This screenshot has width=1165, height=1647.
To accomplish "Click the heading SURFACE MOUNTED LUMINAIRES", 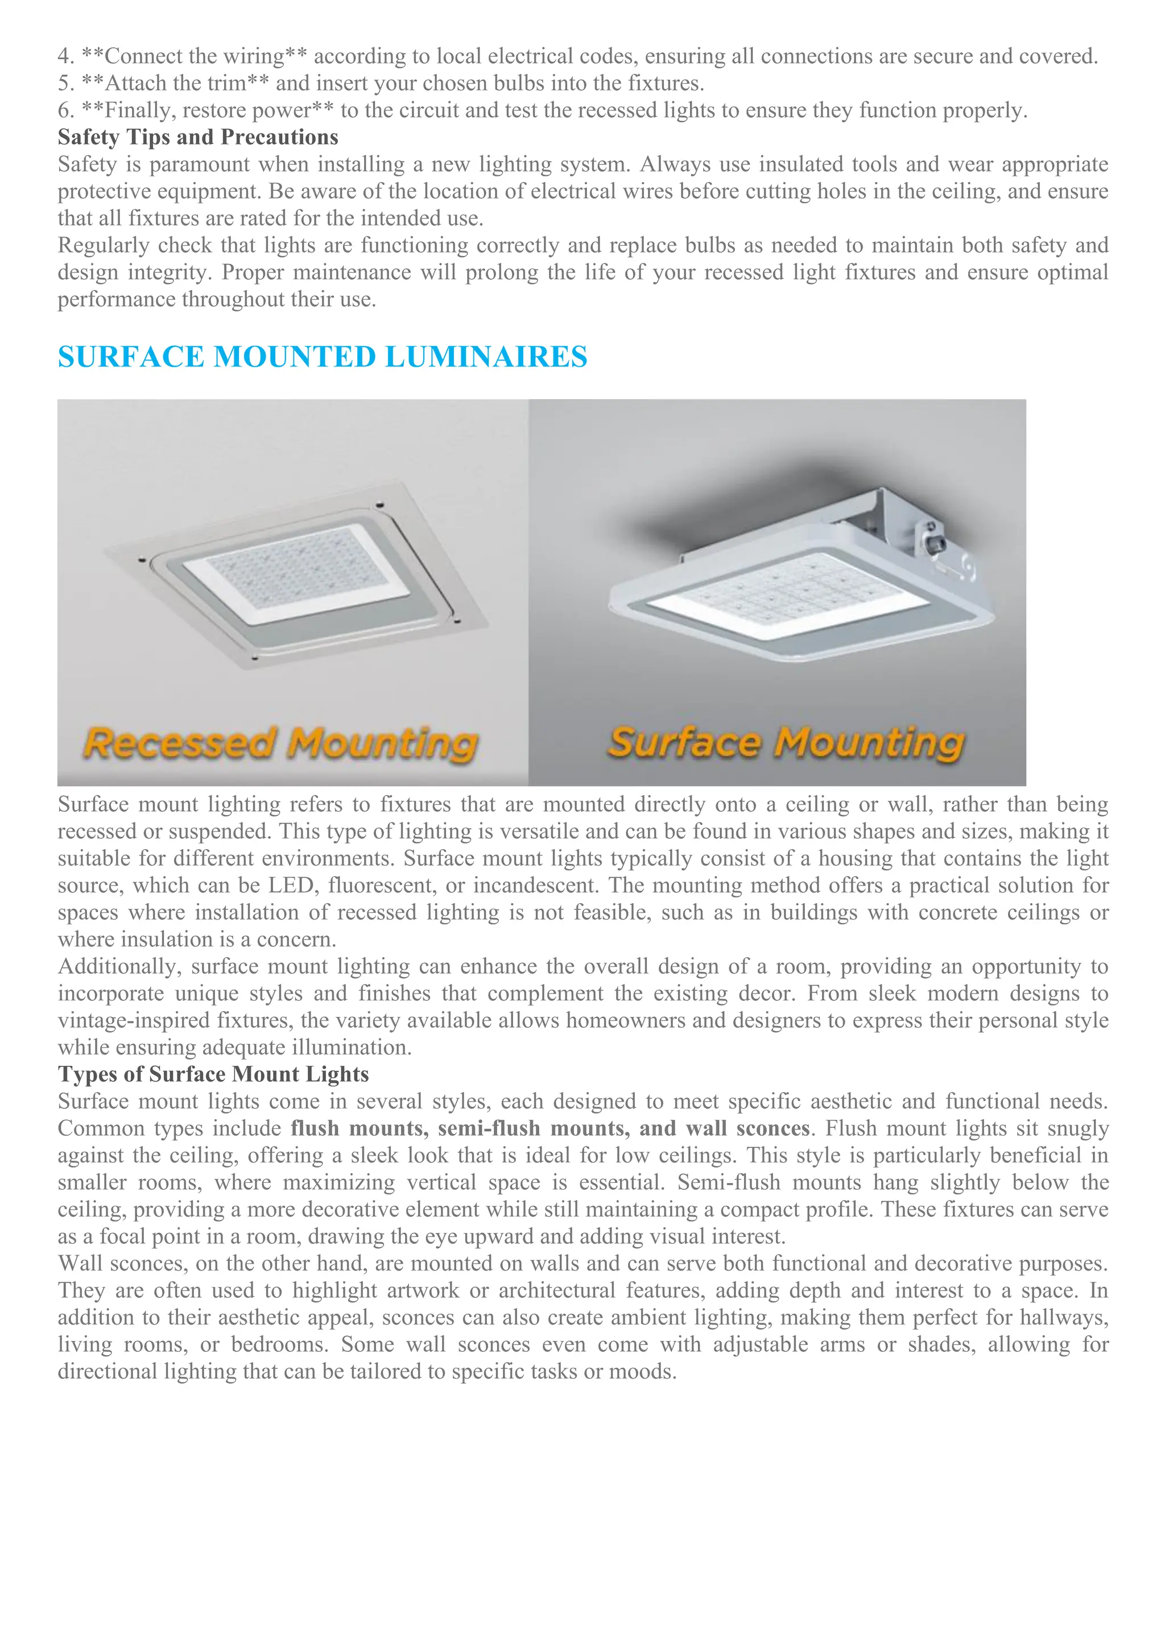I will [x=322, y=357].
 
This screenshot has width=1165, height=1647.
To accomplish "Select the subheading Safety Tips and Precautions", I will [x=198, y=137].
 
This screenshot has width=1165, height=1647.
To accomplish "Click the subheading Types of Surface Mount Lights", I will [x=213, y=1074].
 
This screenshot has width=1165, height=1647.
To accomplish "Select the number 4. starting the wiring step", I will [x=66, y=56].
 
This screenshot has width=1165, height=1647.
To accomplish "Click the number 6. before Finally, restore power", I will [x=66, y=110].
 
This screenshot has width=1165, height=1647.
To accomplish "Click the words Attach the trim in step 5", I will [x=175, y=83].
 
